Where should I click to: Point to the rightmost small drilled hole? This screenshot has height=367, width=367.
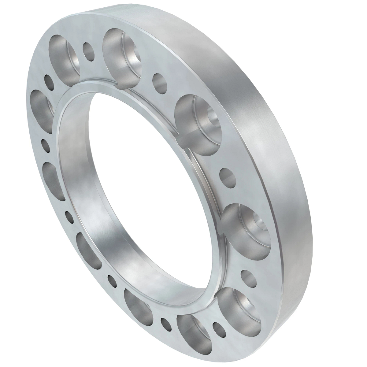pyautogui.click(x=248, y=277)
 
